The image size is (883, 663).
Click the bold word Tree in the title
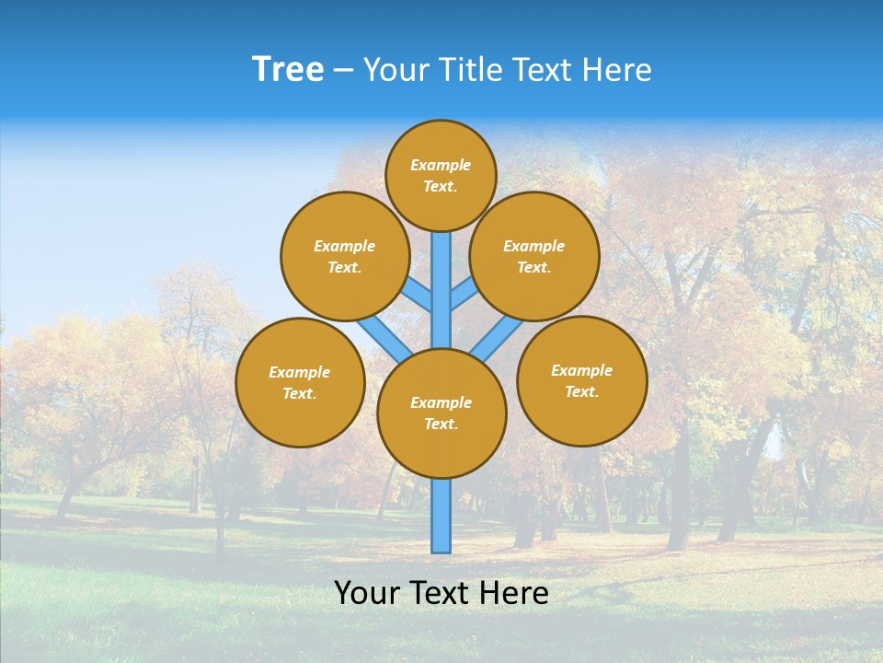[x=288, y=70]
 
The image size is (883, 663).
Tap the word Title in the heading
[x=468, y=70]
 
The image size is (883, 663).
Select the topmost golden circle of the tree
[x=441, y=175]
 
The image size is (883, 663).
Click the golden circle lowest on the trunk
[x=441, y=413]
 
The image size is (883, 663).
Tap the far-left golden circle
[x=300, y=382]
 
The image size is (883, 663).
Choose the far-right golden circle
[x=581, y=380]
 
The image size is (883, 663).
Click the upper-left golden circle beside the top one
[x=344, y=256]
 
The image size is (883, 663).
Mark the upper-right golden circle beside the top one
[x=533, y=256]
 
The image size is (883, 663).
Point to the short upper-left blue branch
[x=419, y=295]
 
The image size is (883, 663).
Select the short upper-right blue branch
[x=463, y=295]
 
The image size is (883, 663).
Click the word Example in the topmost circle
[x=441, y=165]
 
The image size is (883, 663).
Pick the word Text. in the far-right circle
[x=581, y=391]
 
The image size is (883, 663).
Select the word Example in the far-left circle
[x=299, y=372]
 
